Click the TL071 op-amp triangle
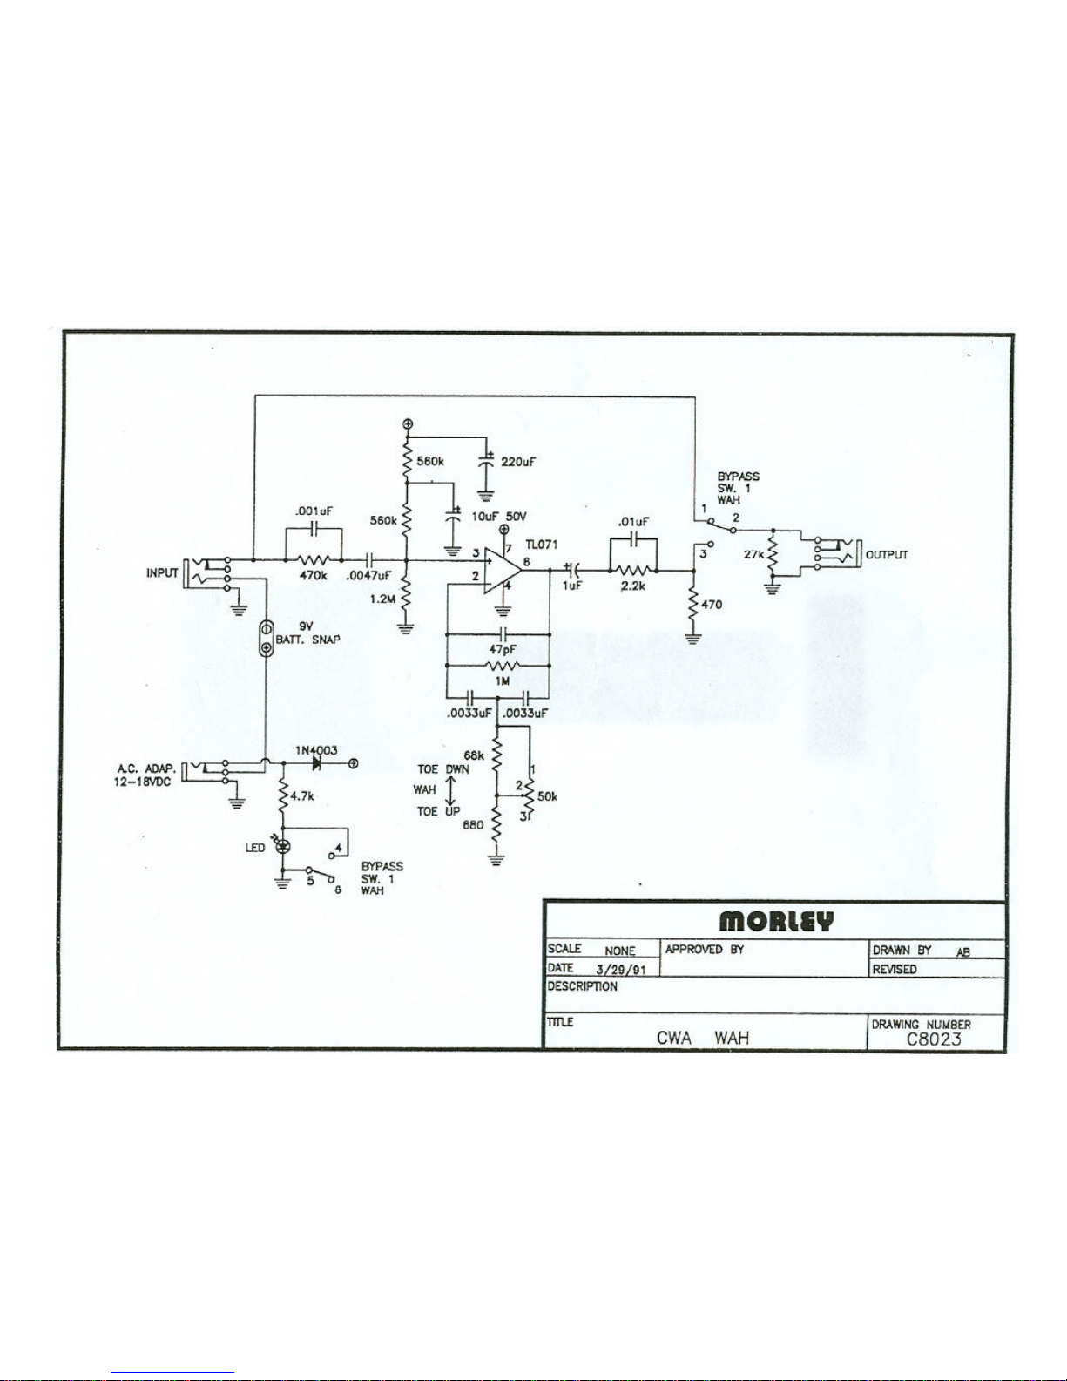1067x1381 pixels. coord(502,570)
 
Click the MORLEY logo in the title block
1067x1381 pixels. coord(775,921)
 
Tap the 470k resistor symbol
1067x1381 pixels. coord(314,560)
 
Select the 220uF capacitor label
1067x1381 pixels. coord(517,462)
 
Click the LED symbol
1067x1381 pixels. coord(283,847)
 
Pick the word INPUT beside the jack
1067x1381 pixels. coord(162,572)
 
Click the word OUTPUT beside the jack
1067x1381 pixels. coord(887,554)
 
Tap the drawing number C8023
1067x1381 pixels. coord(934,1039)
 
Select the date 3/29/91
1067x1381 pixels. coord(621,971)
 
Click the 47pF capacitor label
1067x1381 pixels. coord(503,649)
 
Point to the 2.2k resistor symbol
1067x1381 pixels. coord(632,570)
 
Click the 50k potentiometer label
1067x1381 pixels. coord(547,796)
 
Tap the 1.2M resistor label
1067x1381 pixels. coord(382,599)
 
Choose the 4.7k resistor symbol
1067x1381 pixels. coord(283,795)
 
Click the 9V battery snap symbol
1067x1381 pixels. coord(267,638)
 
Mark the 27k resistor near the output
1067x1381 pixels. coord(773,554)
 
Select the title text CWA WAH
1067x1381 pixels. coord(702,1038)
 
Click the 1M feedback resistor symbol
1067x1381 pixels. coord(503,666)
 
